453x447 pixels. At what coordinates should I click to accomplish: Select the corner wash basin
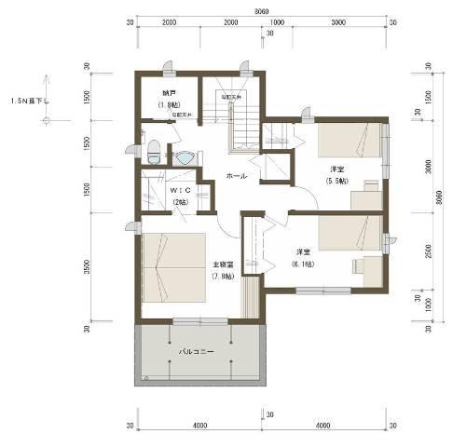[185, 156]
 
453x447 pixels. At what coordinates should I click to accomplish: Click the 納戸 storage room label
[168, 93]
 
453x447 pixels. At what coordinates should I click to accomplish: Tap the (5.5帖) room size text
[336, 181]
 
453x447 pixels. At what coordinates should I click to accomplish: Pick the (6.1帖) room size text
[304, 264]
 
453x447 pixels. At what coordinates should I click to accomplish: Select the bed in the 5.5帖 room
[347, 141]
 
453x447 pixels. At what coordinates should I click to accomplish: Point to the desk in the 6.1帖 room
[364, 266]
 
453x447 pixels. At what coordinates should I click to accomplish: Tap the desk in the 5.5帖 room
[364, 197]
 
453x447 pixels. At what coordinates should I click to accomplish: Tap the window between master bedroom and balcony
[199, 321]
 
